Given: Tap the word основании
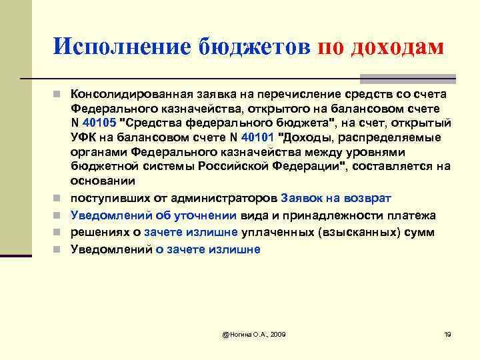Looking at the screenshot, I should coord(103,181).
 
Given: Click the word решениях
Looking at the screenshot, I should coord(99,233).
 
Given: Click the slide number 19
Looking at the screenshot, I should coord(447,333).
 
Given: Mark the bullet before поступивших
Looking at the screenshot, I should coord(59,199).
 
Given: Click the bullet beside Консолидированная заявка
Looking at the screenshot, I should coord(59,93).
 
